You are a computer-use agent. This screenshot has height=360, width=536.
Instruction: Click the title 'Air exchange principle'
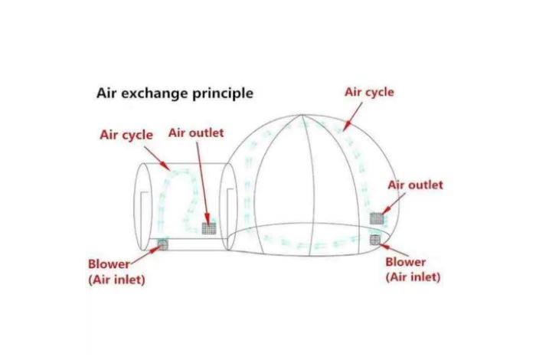(x=174, y=94)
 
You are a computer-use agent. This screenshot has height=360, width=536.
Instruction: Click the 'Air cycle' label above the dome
(x=369, y=92)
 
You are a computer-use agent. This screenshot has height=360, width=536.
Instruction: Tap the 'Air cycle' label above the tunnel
(x=126, y=135)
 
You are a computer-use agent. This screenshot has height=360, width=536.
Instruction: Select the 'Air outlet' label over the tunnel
(x=196, y=133)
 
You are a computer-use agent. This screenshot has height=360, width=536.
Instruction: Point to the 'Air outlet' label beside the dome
(x=415, y=185)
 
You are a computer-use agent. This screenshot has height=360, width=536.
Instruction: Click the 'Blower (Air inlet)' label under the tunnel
(x=116, y=271)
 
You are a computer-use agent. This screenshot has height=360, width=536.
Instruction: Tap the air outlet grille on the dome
(x=377, y=218)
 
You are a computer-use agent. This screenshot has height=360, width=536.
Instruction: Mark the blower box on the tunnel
(x=162, y=244)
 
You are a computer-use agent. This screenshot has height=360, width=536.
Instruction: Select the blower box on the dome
(x=374, y=241)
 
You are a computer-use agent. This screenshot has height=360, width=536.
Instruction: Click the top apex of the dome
(x=304, y=116)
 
